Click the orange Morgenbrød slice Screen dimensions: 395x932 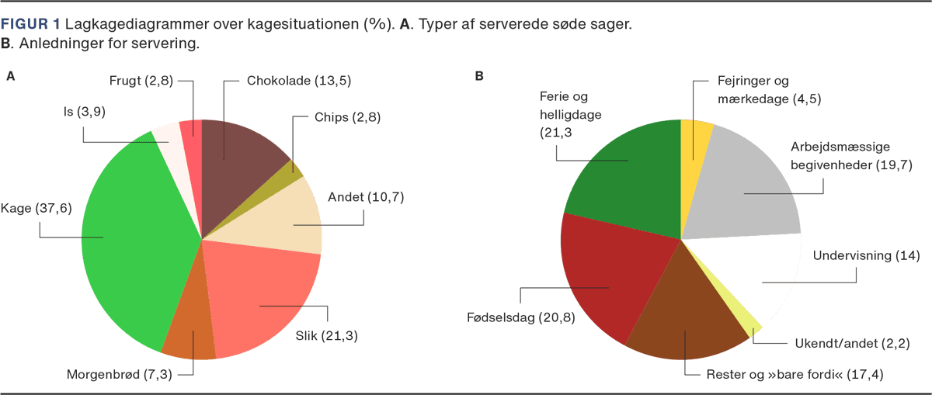tap(191, 334)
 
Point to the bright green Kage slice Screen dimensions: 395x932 tap(124, 241)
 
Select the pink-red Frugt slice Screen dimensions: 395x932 tap(191, 132)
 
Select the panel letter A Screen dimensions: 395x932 tap(11, 76)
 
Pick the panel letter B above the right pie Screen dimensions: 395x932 tap(479, 76)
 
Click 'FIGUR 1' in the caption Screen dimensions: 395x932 tap(31, 25)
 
